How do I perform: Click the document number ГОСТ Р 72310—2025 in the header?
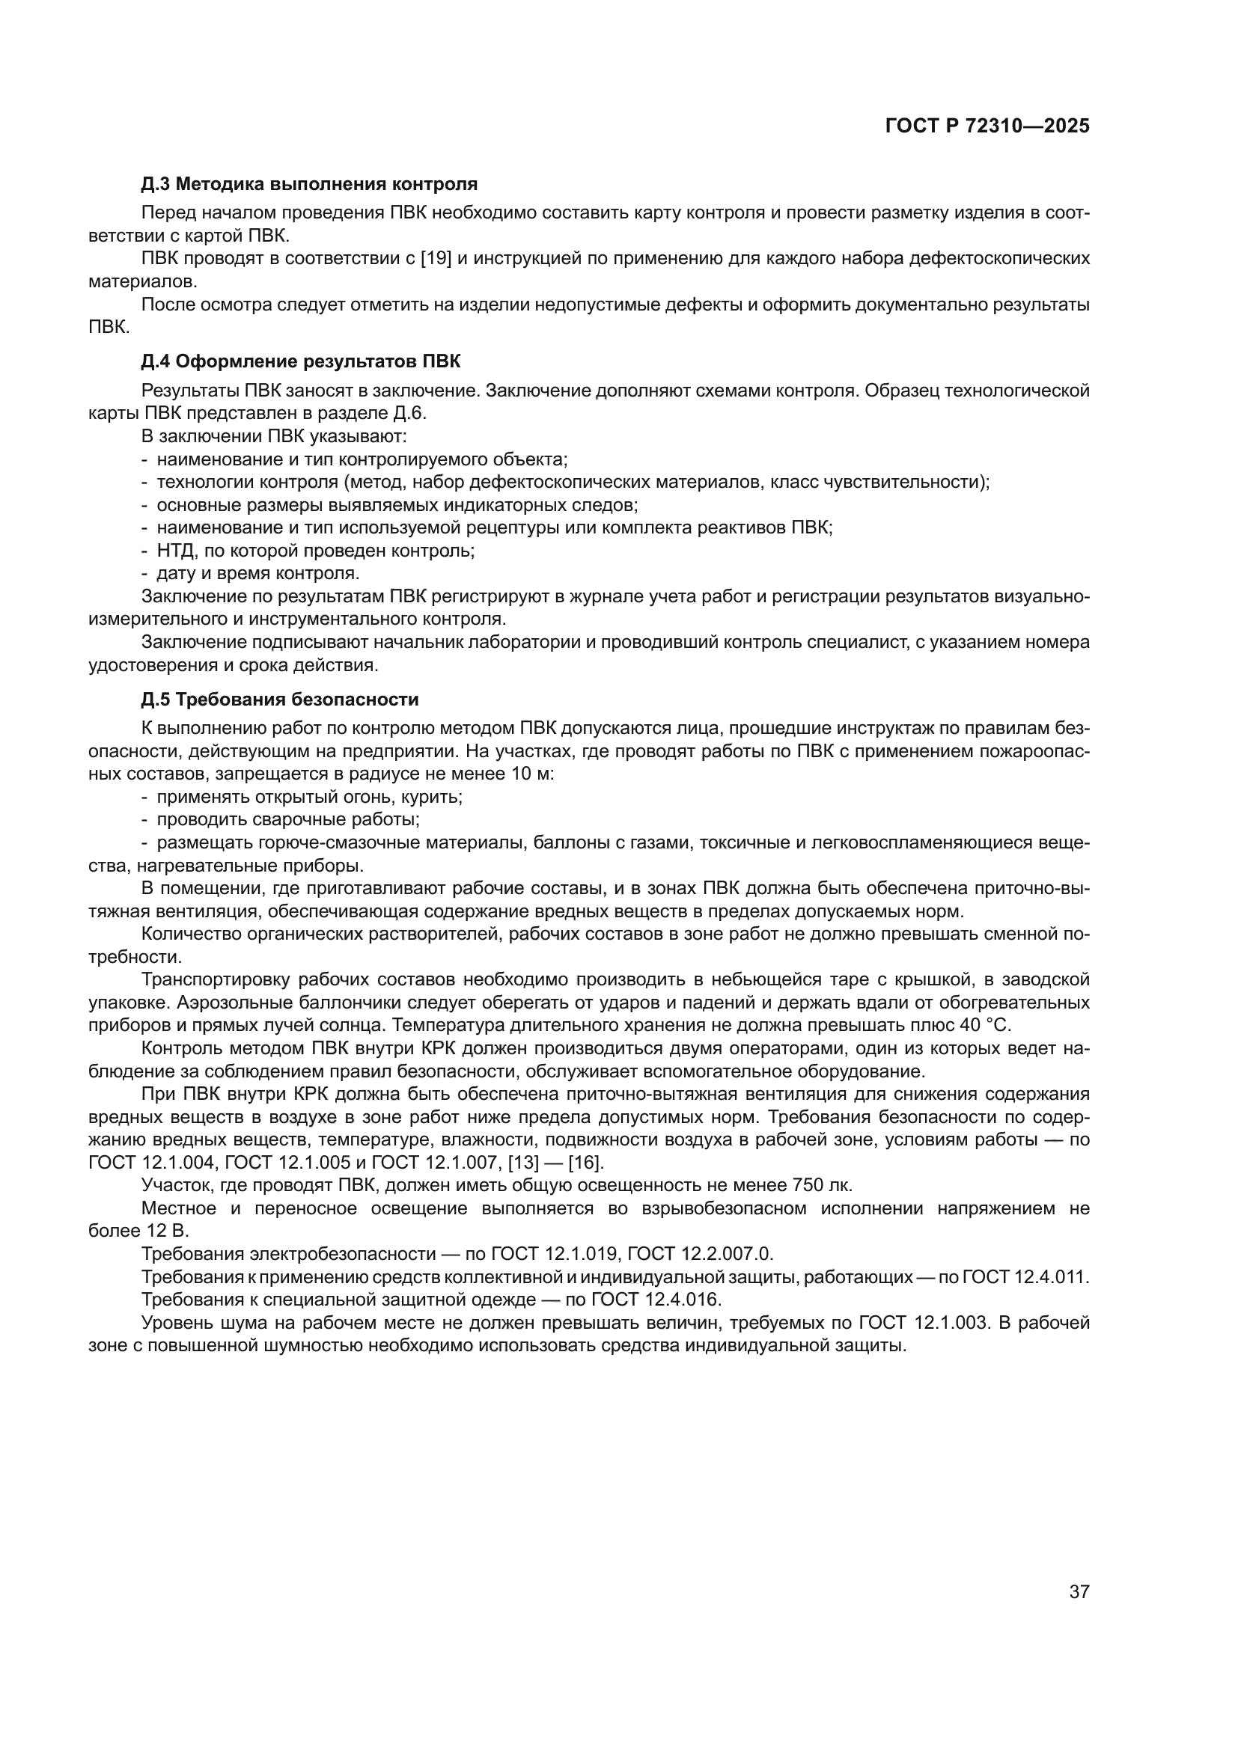click(x=987, y=126)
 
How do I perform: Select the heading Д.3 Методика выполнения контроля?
click(x=310, y=184)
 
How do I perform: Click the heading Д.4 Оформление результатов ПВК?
click(x=301, y=361)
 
